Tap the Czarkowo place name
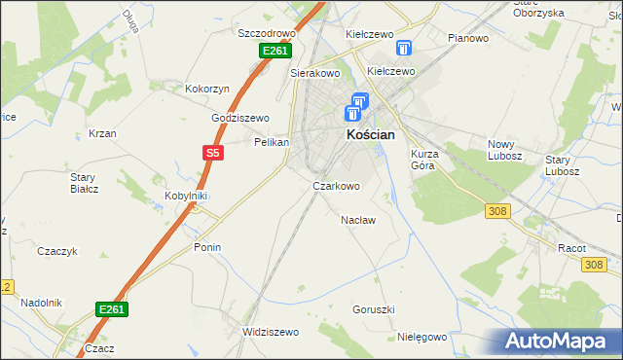pyautogui.click(x=336, y=185)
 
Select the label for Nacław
pyautogui.click(x=358, y=220)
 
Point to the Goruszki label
pyautogui.click(x=373, y=309)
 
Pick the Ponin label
pyautogui.click(x=207, y=247)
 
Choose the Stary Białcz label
pyautogui.click(x=84, y=182)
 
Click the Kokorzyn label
pyautogui.click(x=207, y=89)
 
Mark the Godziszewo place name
pyautogui.click(x=240, y=118)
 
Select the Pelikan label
pyautogui.click(x=272, y=142)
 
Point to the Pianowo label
pyautogui.click(x=467, y=38)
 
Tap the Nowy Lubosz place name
pyautogui.click(x=505, y=150)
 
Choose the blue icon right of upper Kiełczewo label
pyautogui.click(x=405, y=48)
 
